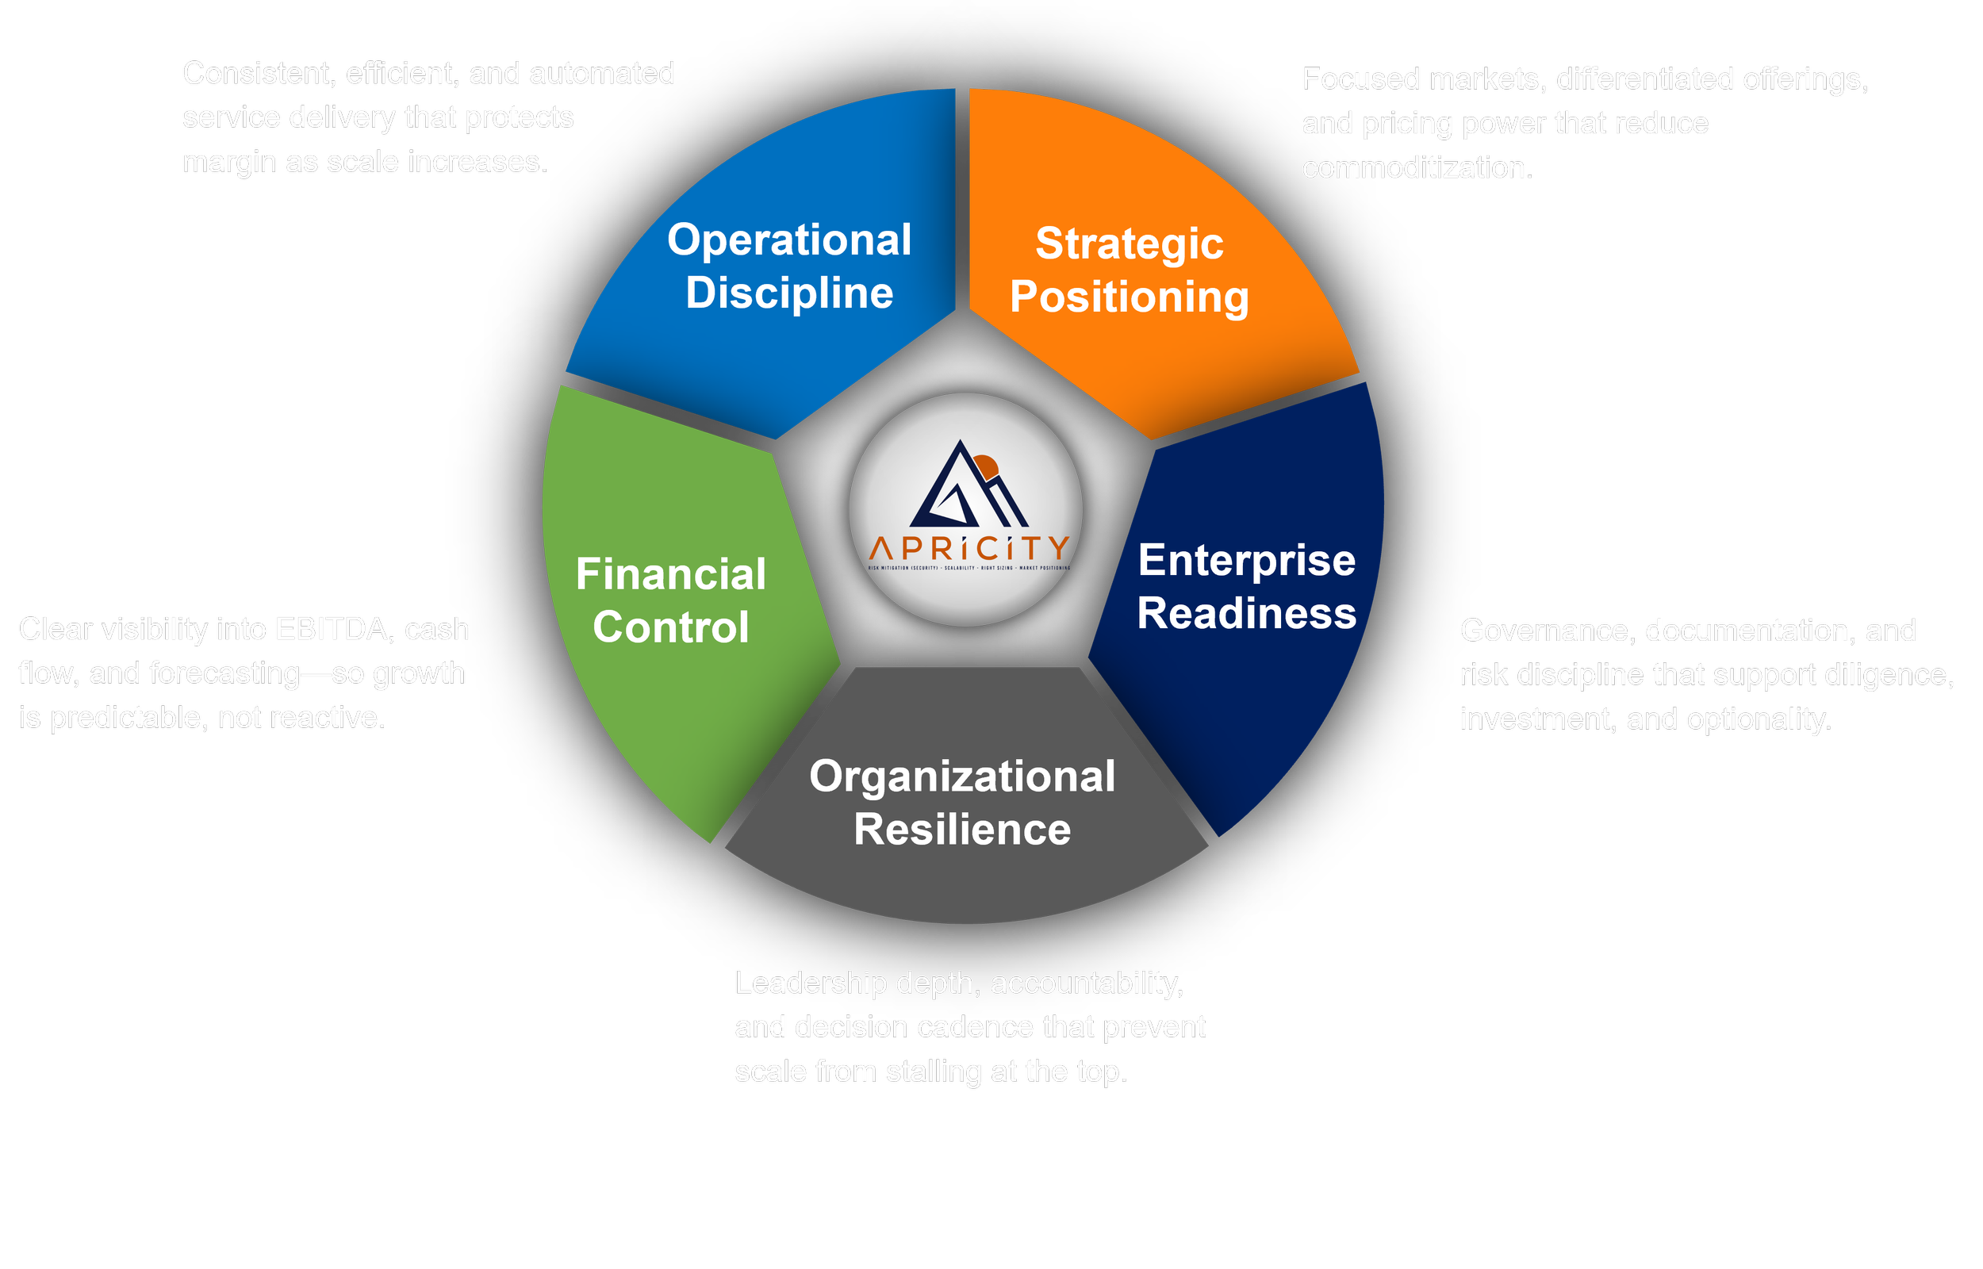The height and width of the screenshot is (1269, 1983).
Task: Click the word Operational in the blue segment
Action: tap(788, 240)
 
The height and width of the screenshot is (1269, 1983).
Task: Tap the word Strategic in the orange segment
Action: tap(1129, 244)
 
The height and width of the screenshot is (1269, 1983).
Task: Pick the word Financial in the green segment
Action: tap(670, 573)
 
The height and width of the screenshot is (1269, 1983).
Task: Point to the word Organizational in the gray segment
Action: tap(961, 776)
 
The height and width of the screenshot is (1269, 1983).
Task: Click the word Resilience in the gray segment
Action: tap(961, 829)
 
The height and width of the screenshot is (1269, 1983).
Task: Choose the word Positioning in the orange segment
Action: tap(1129, 297)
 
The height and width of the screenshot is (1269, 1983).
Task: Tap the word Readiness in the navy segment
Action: tap(1245, 614)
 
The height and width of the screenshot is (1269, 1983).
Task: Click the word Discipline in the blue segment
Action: tap(788, 293)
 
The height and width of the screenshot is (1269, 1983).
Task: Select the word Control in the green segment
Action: tap(670, 627)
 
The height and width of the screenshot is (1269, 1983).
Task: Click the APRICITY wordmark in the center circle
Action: tap(968, 548)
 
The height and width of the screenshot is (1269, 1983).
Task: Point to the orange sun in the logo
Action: tap(986, 466)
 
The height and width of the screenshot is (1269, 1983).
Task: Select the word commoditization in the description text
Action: tap(1416, 168)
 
